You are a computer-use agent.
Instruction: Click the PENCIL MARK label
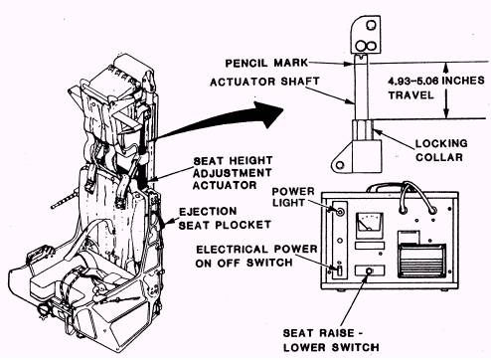pos(266,63)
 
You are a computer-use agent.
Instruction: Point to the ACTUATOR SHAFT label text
pos(264,82)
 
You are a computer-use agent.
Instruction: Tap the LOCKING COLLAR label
pos(441,150)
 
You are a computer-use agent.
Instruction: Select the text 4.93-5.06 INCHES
pos(436,81)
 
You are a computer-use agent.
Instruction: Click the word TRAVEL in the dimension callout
pos(410,95)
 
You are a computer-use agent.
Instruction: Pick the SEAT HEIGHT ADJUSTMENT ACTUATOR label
pos(233,173)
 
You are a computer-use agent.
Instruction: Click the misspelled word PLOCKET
pos(244,225)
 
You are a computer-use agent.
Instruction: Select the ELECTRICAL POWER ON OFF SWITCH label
pos(256,256)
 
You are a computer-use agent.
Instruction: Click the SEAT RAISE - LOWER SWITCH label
pos(331,340)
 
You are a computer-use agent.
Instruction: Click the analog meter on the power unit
pos(370,225)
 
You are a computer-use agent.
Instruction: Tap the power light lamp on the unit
pos(339,212)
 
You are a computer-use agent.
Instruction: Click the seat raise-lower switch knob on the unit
pos(369,270)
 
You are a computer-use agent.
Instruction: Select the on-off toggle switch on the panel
pos(339,270)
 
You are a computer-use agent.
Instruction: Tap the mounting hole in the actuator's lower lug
pos(339,165)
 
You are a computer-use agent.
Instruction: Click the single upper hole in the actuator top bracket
pos(371,25)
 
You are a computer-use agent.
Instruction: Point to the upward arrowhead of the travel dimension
pos(446,68)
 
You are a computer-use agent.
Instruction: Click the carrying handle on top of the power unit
pos(388,187)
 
